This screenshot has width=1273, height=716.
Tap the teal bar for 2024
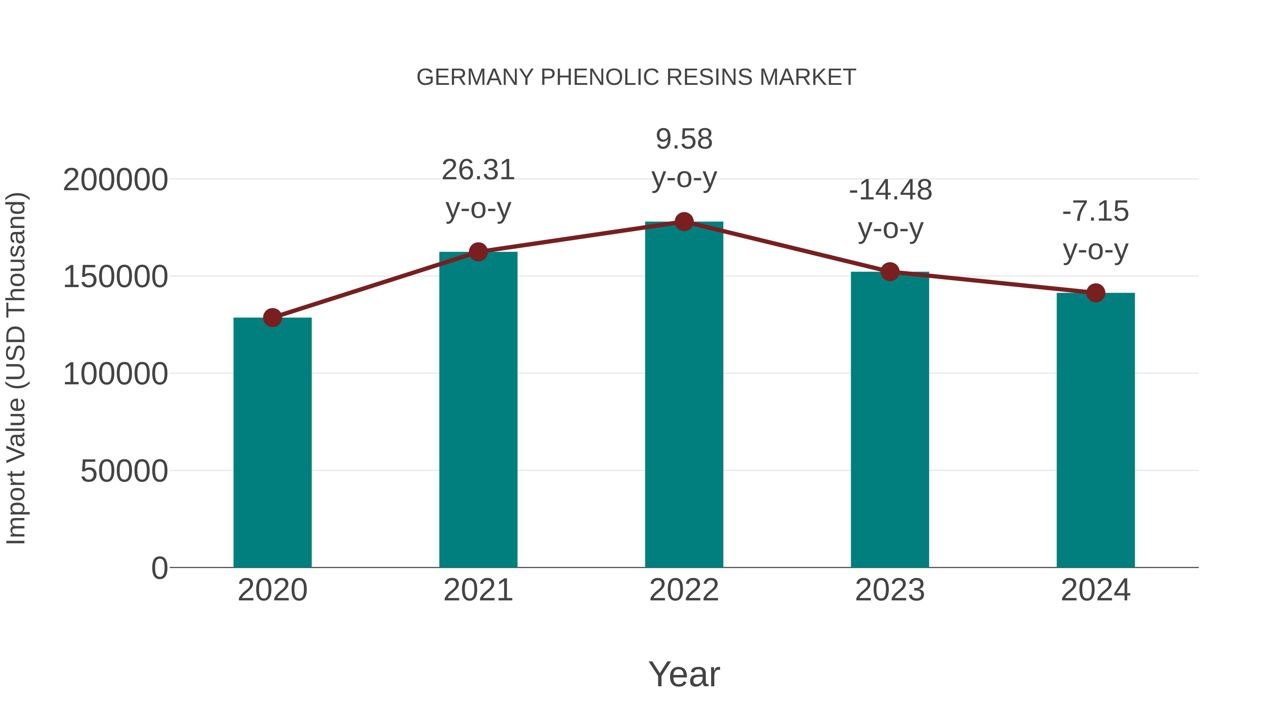click(x=1095, y=430)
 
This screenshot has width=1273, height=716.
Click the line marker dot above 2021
click(x=478, y=252)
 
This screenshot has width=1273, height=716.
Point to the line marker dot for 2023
click(x=890, y=272)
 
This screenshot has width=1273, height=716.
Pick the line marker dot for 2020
click(x=272, y=318)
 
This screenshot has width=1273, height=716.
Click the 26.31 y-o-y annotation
click(x=478, y=170)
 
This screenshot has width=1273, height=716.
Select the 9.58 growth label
click(x=684, y=139)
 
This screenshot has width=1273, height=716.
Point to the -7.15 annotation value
click(x=1095, y=211)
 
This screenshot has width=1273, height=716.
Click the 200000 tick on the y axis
click(x=115, y=180)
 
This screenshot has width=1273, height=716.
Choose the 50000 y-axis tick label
click(x=124, y=471)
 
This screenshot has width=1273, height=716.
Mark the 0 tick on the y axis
click(x=159, y=568)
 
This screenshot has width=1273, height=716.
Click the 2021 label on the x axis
click(x=478, y=590)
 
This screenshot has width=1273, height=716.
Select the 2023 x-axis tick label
click(x=890, y=590)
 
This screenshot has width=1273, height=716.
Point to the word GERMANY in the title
click(x=475, y=77)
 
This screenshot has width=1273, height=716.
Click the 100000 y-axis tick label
click(x=115, y=374)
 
